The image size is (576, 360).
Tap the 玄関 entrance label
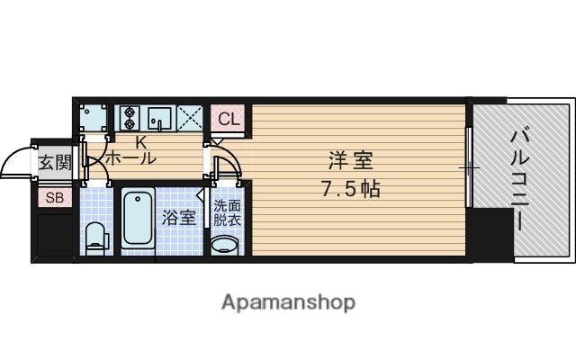tap(54, 163)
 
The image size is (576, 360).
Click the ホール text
tap(131, 158)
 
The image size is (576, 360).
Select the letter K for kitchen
tap(140, 142)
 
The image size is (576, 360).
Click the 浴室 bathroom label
tap(177, 217)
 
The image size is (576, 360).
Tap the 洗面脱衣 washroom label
tap(227, 212)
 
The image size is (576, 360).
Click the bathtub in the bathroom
tap(138, 220)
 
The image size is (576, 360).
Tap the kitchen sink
tap(160, 118)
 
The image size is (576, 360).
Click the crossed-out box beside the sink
tap(190, 118)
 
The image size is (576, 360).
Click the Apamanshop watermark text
tap(288, 301)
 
